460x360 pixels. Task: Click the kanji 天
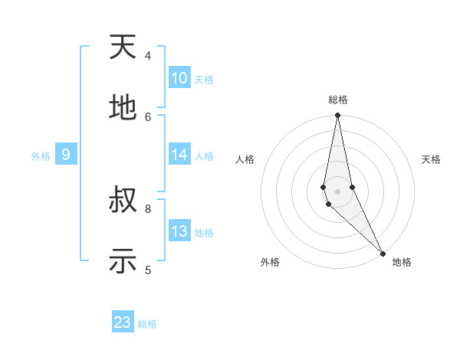[x=123, y=47]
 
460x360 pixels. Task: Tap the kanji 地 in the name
[x=123, y=108]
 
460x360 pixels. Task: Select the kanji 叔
[x=123, y=200]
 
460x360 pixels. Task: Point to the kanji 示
[x=123, y=261]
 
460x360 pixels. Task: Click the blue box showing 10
[x=179, y=78]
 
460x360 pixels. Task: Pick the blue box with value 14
[x=179, y=155]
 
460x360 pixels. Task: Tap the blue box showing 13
[x=179, y=231]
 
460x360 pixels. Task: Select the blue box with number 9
[x=66, y=155]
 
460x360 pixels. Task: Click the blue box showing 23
[x=123, y=322]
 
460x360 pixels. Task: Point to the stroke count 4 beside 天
[x=148, y=55]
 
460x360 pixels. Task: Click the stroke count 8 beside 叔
[x=148, y=208]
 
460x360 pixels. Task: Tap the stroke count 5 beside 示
[x=148, y=269]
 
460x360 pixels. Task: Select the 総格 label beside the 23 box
[x=147, y=324]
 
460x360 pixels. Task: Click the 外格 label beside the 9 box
[x=41, y=156]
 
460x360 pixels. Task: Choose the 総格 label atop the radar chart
[x=338, y=100]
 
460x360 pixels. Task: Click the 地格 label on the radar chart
[x=402, y=262]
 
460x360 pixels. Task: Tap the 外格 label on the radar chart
[x=270, y=262]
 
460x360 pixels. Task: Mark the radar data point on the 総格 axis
[x=337, y=116]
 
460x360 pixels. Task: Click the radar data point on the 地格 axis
[x=383, y=254]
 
